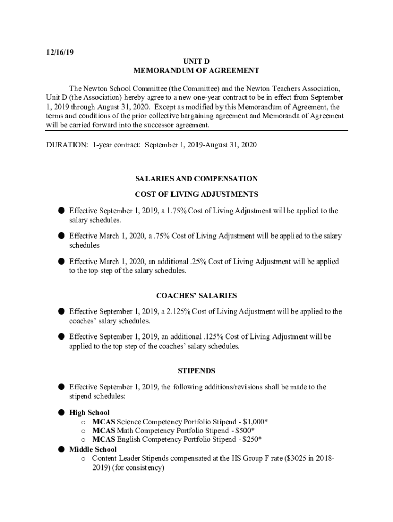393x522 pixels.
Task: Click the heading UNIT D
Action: point(196,62)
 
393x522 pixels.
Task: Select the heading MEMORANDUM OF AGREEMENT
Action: point(196,71)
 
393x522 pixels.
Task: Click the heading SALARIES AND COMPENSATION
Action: point(196,179)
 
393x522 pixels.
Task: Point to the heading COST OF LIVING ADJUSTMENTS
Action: point(196,194)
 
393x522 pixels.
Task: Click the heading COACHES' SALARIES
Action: point(196,296)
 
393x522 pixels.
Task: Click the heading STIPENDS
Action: point(196,371)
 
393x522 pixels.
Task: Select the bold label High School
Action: point(89,413)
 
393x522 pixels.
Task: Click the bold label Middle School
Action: point(93,450)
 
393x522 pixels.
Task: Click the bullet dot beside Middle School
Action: point(60,449)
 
